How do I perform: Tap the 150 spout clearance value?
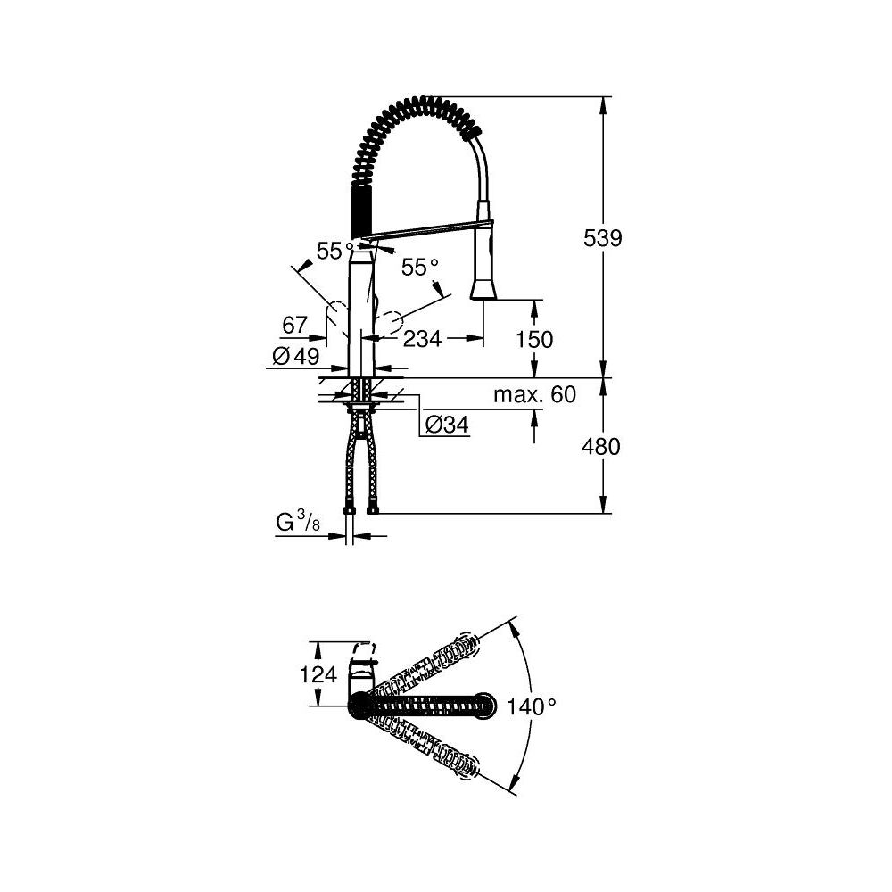[x=534, y=340]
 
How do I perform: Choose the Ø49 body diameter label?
[x=294, y=357]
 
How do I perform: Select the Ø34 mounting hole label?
[x=446, y=425]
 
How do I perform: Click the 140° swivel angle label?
[x=532, y=706]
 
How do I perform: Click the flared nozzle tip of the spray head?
[x=482, y=289]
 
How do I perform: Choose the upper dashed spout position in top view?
[x=428, y=659]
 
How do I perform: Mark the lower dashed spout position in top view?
[x=428, y=749]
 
